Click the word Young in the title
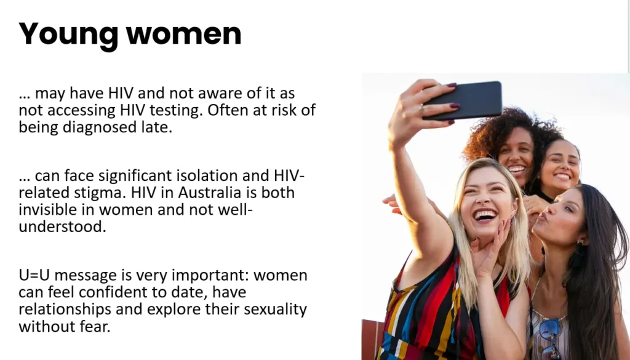(x=68, y=35)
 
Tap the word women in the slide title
(x=184, y=34)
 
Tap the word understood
(x=62, y=226)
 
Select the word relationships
(x=65, y=310)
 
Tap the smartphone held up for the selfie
(x=463, y=100)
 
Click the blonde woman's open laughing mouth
(x=485, y=216)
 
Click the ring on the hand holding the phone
(x=421, y=107)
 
